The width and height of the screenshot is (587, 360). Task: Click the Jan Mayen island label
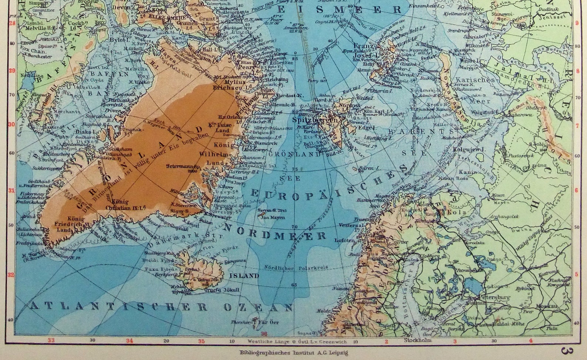click(273, 217)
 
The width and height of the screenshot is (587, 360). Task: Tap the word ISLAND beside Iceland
click(244, 276)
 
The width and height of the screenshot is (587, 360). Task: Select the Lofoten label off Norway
click(344, 240)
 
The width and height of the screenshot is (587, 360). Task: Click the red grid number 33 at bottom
click(51, 340)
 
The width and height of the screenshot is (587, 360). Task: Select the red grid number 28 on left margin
click(12, 23)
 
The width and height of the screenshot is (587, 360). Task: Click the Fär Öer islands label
click(269, 322)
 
